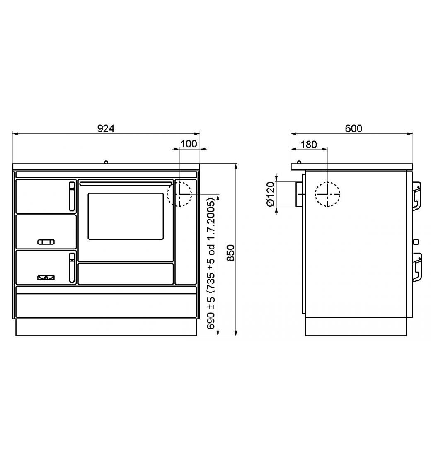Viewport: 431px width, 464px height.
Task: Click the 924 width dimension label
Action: [106, 128]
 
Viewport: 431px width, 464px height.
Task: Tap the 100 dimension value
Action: [189, 144]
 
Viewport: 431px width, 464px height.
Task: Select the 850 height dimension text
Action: [231, 253]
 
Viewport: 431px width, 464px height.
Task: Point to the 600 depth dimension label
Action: [354, 128]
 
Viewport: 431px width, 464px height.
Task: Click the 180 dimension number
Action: [308, 145]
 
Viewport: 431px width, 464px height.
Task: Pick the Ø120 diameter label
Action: [271, 194]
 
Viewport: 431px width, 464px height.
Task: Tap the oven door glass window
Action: [126, 216]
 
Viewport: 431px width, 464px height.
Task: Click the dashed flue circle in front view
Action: [179, 182]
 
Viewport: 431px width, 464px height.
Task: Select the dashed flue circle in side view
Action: [327, 182]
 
